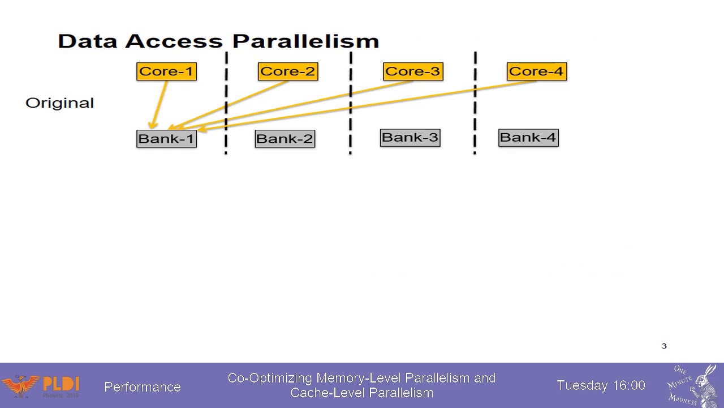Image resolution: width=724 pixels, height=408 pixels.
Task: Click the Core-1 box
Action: click(166, 71)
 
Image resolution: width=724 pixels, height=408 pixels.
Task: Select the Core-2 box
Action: click(287, 71)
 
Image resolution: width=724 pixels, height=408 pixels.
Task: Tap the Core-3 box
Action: click(413, 71)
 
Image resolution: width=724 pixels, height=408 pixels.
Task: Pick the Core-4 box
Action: click(536, 71)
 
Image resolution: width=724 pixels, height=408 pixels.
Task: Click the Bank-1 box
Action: click(166, 139)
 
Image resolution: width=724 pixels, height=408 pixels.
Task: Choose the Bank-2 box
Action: click(285, 139)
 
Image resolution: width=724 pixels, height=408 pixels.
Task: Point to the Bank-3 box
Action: click(410, 138)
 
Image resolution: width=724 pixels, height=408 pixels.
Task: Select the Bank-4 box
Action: click(528, 138)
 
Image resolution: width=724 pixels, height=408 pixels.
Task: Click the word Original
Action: click(59, 103)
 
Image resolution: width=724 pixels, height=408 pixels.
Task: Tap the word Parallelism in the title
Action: click(305, 41)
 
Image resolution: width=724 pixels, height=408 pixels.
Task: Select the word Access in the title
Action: click(174, 41)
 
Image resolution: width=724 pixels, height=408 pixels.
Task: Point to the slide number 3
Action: click(664, 346)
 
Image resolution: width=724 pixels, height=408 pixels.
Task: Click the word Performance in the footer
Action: click(143, 387)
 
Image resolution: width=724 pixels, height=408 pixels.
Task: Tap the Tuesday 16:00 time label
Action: click(601, 385)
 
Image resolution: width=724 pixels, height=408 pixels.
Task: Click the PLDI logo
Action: click(42, 386)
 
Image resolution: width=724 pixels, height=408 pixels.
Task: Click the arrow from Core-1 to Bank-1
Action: click(159, 105)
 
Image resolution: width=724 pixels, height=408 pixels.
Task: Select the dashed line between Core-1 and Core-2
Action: click(226, 102)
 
